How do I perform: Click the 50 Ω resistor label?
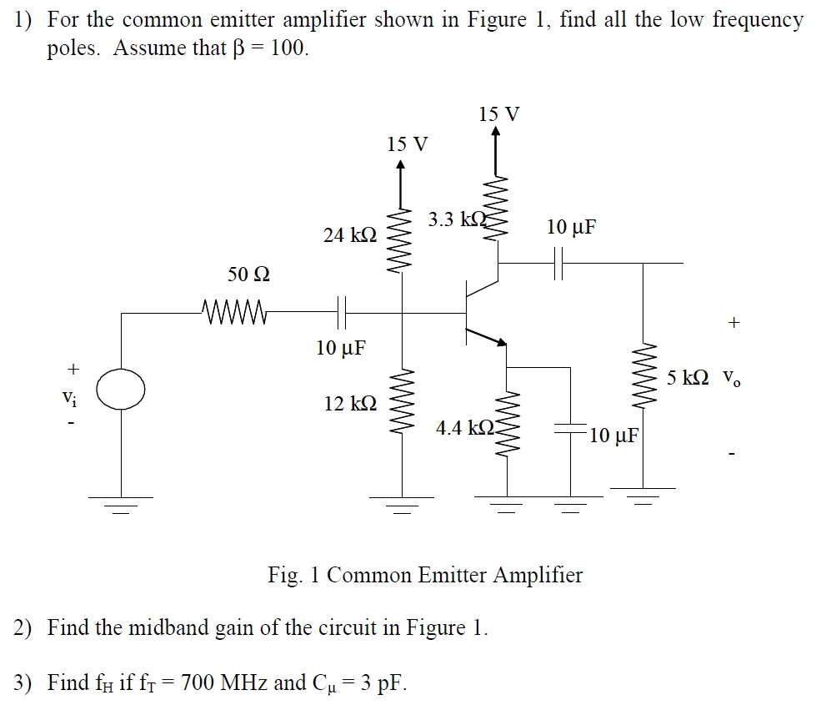[249, 274]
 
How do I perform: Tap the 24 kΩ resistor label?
[350, 236]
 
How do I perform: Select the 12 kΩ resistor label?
[350, 404]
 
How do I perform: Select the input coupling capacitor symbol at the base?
[340, 314]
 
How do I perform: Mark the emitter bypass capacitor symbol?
[571, 431]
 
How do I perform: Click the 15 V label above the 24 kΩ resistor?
[408, 144]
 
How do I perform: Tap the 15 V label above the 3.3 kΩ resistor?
[499, 113]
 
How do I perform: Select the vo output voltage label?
[730, 380]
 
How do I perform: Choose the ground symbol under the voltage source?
[122, 503]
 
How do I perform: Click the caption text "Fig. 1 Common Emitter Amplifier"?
[425, 575]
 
